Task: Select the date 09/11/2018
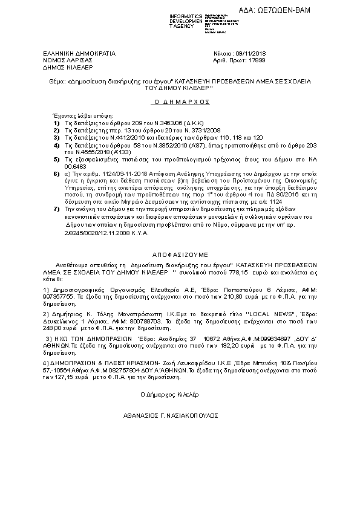(x=245, y=54)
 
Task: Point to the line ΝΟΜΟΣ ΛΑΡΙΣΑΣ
(x=59, y=60)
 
